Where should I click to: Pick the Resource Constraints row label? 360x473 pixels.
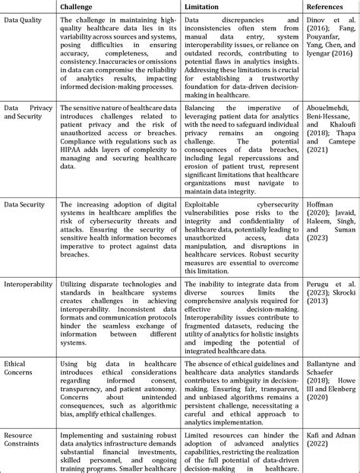click(24, 440)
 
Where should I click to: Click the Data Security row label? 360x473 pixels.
click(24, 205)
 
